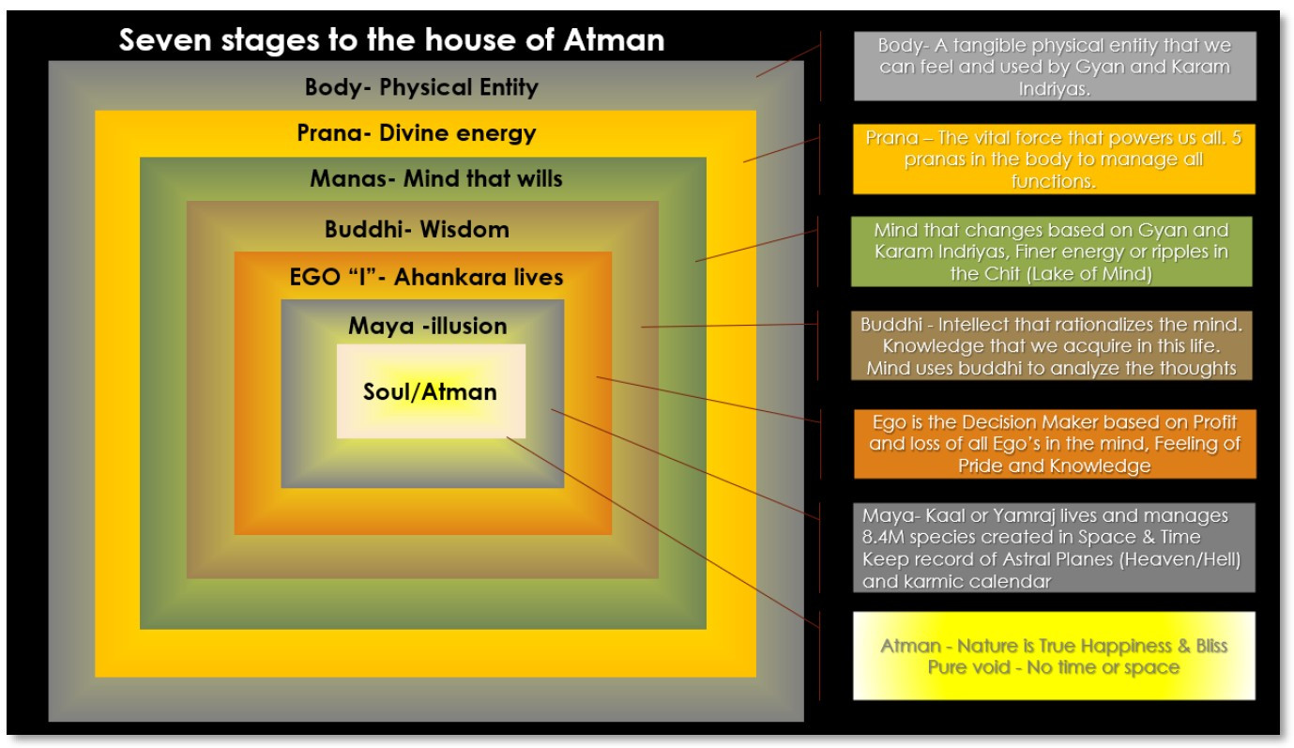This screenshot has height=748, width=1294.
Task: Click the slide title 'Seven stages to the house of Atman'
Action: point(391,40)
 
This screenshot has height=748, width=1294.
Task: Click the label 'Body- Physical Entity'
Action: point(421,87)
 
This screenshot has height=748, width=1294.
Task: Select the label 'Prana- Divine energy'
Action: point(417,133)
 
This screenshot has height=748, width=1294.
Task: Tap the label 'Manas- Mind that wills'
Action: point(436,178)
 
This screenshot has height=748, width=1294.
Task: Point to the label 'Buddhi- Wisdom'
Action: point(417,229)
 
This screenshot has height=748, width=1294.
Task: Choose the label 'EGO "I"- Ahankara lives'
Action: point(426,278)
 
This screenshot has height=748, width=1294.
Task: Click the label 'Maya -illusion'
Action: point(427,326)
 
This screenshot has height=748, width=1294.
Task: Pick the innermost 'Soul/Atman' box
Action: point(431,391)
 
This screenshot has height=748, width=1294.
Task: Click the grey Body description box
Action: point(1054,66)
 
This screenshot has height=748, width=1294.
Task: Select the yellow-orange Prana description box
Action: point(1054,160)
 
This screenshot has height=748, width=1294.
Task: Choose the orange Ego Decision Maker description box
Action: point(1054,443)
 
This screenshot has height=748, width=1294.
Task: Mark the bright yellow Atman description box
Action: point(1054,656)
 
